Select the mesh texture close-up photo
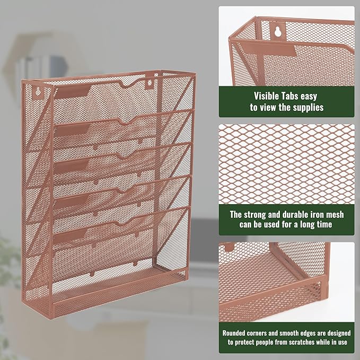coord(286,164)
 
